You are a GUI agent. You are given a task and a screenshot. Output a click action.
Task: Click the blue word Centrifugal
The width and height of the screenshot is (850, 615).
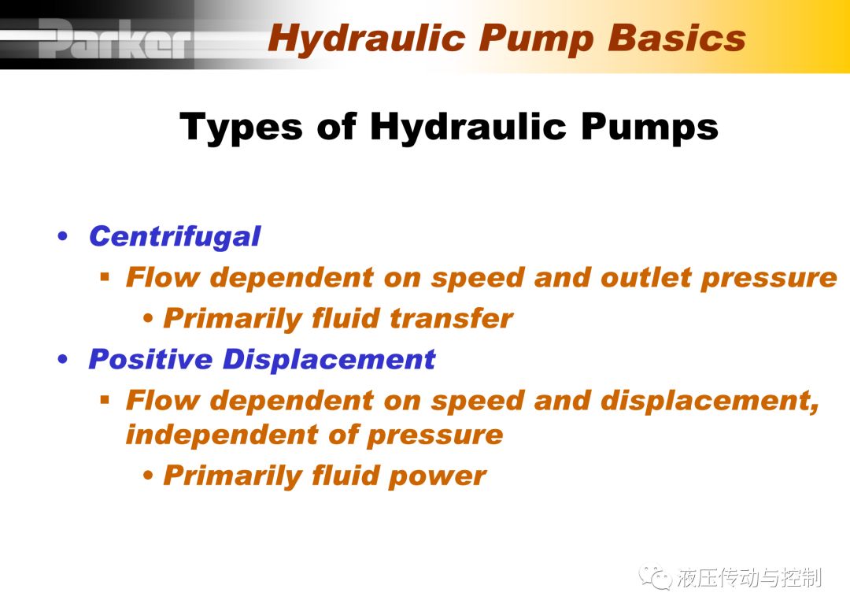[175, 237]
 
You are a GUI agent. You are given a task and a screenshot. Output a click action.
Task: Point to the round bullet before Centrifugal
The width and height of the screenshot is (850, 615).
[63, 236]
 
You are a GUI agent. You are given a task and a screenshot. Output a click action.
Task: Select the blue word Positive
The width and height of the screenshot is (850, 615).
[150, 359]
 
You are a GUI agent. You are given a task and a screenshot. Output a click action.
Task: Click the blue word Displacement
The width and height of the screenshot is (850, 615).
[329, 359]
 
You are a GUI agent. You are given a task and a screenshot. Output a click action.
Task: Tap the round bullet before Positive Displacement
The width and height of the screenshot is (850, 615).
[63, 359]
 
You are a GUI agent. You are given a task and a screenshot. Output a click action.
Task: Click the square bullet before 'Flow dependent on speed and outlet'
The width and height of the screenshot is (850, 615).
[105, 278]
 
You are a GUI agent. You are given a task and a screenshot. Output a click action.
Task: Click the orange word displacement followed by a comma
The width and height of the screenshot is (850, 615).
[710, 402]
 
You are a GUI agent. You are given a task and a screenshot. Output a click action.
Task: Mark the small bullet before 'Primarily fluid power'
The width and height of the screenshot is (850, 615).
[148, 476]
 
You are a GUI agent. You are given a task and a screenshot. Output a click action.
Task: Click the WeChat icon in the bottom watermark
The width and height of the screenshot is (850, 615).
[656, 577]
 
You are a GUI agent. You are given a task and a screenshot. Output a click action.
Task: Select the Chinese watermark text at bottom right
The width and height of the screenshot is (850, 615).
[749, 577]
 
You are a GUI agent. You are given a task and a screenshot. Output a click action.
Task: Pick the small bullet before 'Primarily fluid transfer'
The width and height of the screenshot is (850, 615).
[148, 318]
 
